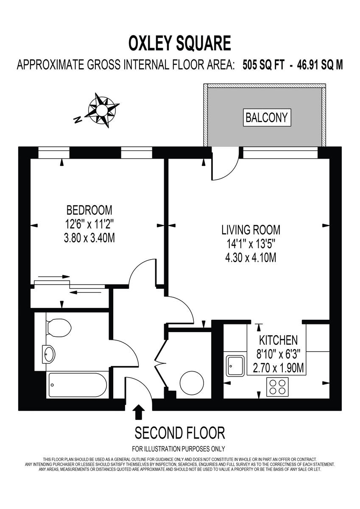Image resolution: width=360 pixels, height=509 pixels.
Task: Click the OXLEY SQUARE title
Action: pos(180,44)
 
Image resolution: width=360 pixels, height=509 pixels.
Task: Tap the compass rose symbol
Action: pos(102,109)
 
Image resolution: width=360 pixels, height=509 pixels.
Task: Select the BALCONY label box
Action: pos(267,117)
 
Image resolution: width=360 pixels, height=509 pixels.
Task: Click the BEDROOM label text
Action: pos(89,210)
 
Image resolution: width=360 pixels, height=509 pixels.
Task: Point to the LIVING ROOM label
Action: pos(251,230)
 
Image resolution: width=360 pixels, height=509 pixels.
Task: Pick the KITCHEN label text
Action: pos(278,340)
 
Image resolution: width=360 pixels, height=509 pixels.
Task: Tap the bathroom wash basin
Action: pos(49,354)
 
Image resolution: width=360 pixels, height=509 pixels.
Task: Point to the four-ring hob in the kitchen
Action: pos(277,386)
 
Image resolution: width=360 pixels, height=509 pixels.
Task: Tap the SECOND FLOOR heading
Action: pos(180,433)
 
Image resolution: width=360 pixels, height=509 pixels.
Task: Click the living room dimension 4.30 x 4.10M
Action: pos(251,257)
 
